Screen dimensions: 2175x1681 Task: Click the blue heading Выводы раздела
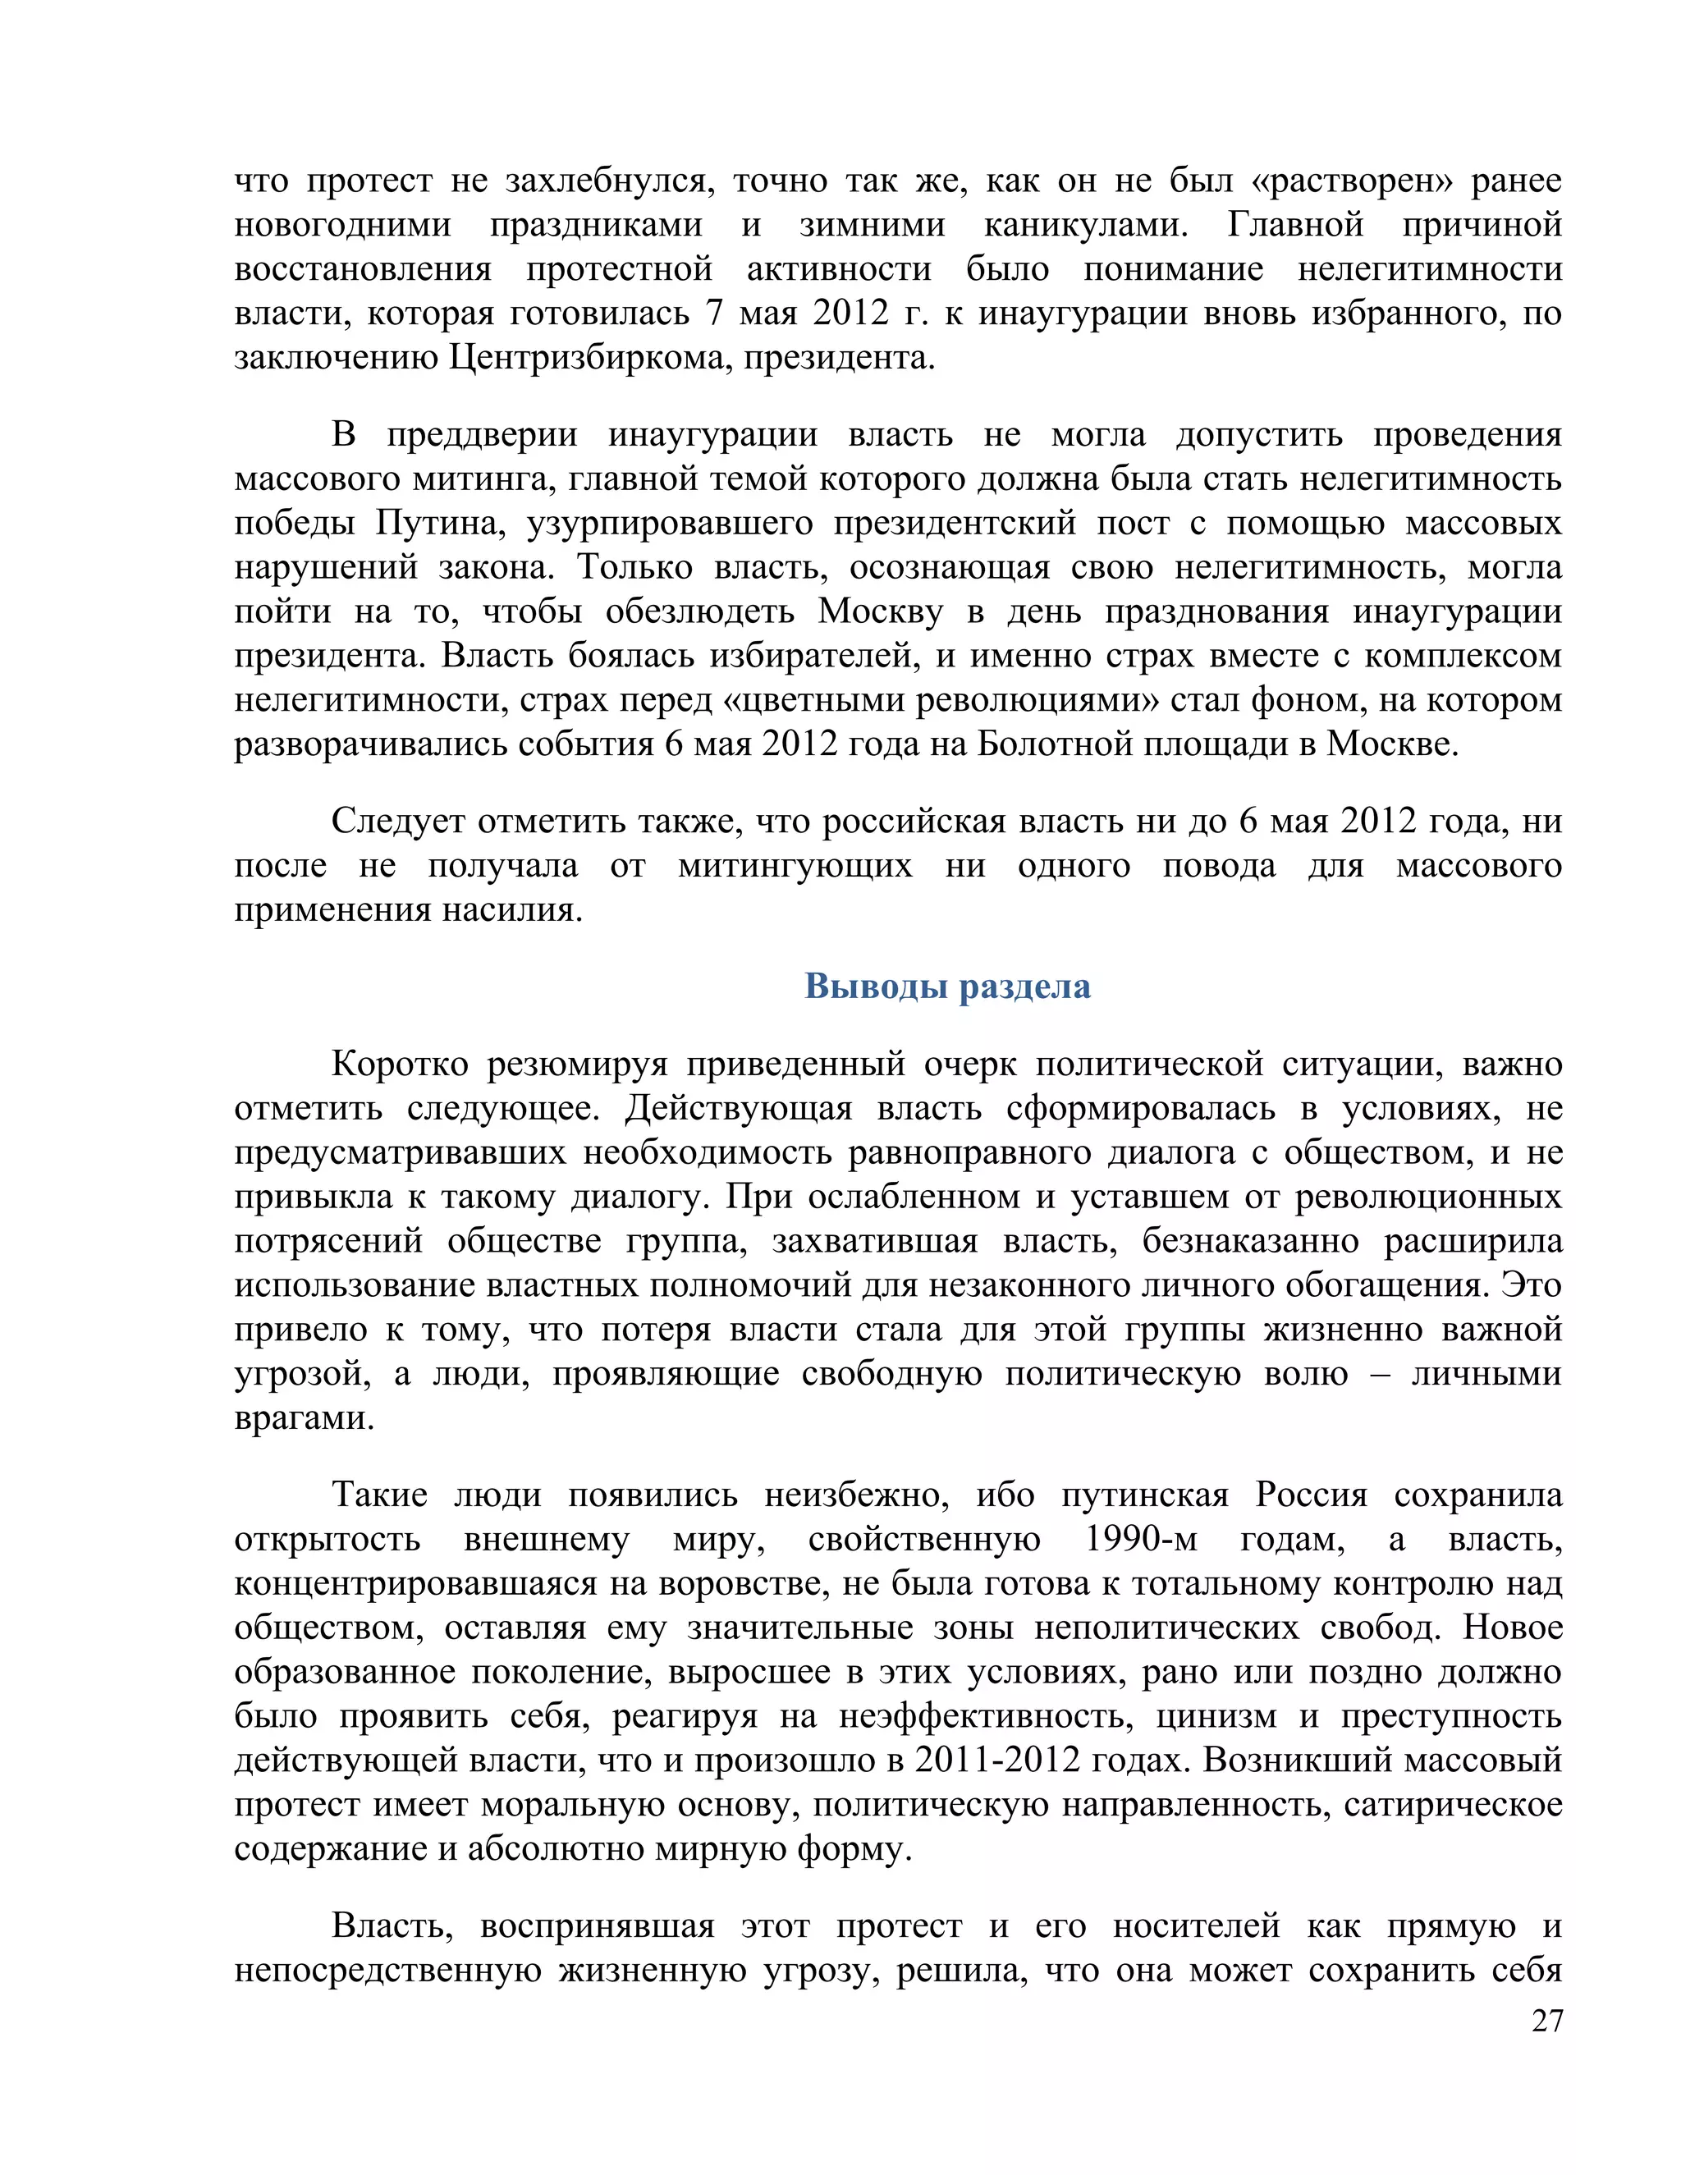pos(947,986)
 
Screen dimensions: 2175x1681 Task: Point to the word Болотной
pos(1046,744)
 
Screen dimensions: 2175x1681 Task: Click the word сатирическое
pos(1453,1803)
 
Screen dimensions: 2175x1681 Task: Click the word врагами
pos(304,1417)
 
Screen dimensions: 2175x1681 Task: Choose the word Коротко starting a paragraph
pos(400,1064)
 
